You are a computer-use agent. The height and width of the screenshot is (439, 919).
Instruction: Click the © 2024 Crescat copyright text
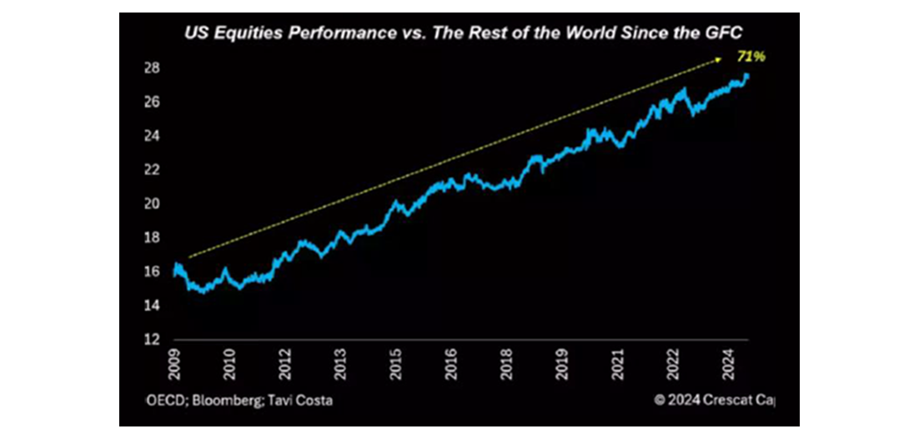(715, 400)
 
